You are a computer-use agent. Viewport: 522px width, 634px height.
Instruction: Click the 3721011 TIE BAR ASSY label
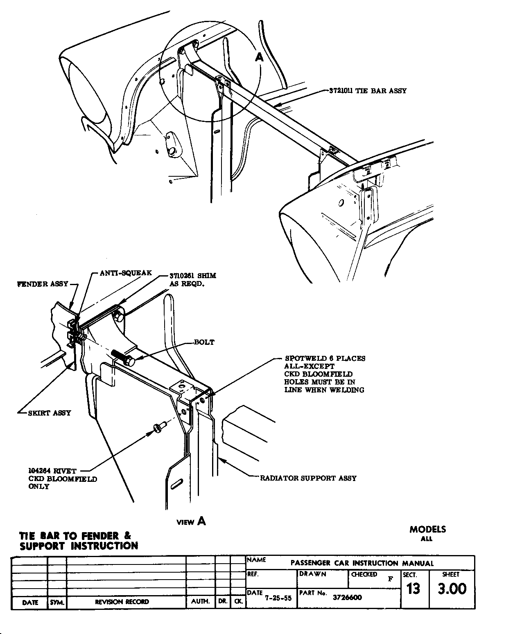tap(368, 91)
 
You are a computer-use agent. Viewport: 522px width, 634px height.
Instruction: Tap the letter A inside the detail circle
tap(260, 58)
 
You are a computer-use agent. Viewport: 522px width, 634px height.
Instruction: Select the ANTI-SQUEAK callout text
tap(126, 273)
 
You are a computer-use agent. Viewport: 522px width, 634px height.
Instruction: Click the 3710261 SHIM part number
tap(192, 276)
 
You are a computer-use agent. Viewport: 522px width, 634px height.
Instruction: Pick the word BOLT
tap(204, 342)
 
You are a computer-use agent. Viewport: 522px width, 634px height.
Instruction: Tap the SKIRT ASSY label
tap(49, 413)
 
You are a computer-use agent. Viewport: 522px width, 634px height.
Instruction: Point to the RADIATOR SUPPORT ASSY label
tap(308, 478)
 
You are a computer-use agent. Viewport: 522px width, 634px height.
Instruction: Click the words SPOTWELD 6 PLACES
tap(325, 359)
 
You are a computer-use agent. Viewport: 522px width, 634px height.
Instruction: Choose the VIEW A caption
tap(191, 521)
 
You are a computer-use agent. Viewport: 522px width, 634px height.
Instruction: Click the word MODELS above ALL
tap(427, 529)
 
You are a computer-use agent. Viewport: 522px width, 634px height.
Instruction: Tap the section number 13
tap(414, 589)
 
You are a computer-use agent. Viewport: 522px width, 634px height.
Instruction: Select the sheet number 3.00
tap(452, 589)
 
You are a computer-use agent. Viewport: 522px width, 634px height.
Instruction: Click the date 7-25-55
tap(278, 598)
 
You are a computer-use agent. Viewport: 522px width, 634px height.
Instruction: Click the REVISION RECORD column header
tap(122, 602)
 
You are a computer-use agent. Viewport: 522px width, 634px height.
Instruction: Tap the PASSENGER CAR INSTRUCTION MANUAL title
tap(362, 563)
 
